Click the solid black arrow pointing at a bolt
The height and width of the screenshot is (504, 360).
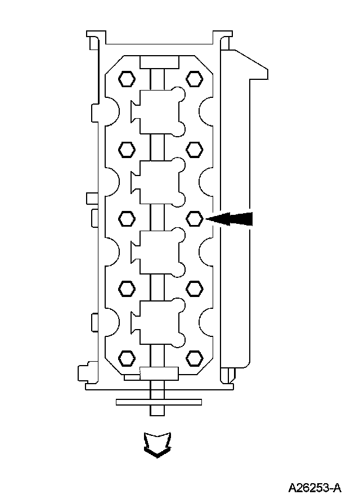pos(229,219)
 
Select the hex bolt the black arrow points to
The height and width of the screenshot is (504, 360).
pos(195,219)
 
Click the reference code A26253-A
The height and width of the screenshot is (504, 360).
pos(314,488)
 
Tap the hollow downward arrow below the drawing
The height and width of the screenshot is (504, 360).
pos(157,444)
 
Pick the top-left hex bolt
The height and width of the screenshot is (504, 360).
pos(127,78)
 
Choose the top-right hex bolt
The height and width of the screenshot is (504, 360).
pos(195,78)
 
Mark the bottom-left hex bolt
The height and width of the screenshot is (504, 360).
pos(127,358)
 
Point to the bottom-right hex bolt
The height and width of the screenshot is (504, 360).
pos(195,358)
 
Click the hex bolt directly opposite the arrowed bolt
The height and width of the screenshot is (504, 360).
pos(127,219)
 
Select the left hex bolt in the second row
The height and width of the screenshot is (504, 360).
pos(127,149)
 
